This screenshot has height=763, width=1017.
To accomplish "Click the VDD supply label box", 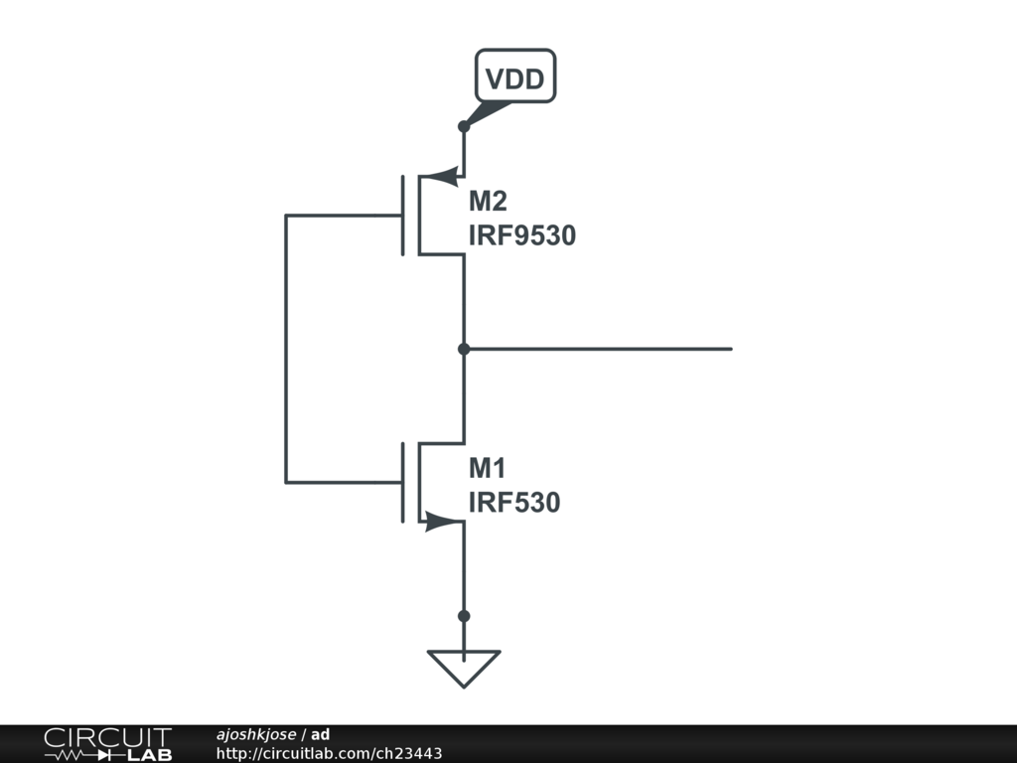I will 515,76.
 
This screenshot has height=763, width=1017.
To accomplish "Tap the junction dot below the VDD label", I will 464,127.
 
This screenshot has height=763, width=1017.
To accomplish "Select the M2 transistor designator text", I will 488,202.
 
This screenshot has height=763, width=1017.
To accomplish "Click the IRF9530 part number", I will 521,236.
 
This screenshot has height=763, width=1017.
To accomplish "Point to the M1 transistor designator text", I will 488,468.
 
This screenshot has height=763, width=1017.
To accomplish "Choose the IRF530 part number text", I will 513,503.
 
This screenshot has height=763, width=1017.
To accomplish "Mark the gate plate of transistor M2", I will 403,216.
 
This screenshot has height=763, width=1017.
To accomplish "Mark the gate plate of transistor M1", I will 403,483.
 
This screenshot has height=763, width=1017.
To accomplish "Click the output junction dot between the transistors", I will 464,349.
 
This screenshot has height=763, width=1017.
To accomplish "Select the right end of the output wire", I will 730,349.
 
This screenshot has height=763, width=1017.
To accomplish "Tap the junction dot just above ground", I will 464,616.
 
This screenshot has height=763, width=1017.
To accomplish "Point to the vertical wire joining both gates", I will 286,349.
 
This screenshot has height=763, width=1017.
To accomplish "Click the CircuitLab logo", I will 107,744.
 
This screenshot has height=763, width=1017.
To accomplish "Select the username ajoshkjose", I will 255,735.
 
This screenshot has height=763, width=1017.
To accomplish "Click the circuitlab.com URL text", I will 329,754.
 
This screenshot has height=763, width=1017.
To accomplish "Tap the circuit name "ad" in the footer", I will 320,735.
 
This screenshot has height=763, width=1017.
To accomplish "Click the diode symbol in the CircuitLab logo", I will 106,755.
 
